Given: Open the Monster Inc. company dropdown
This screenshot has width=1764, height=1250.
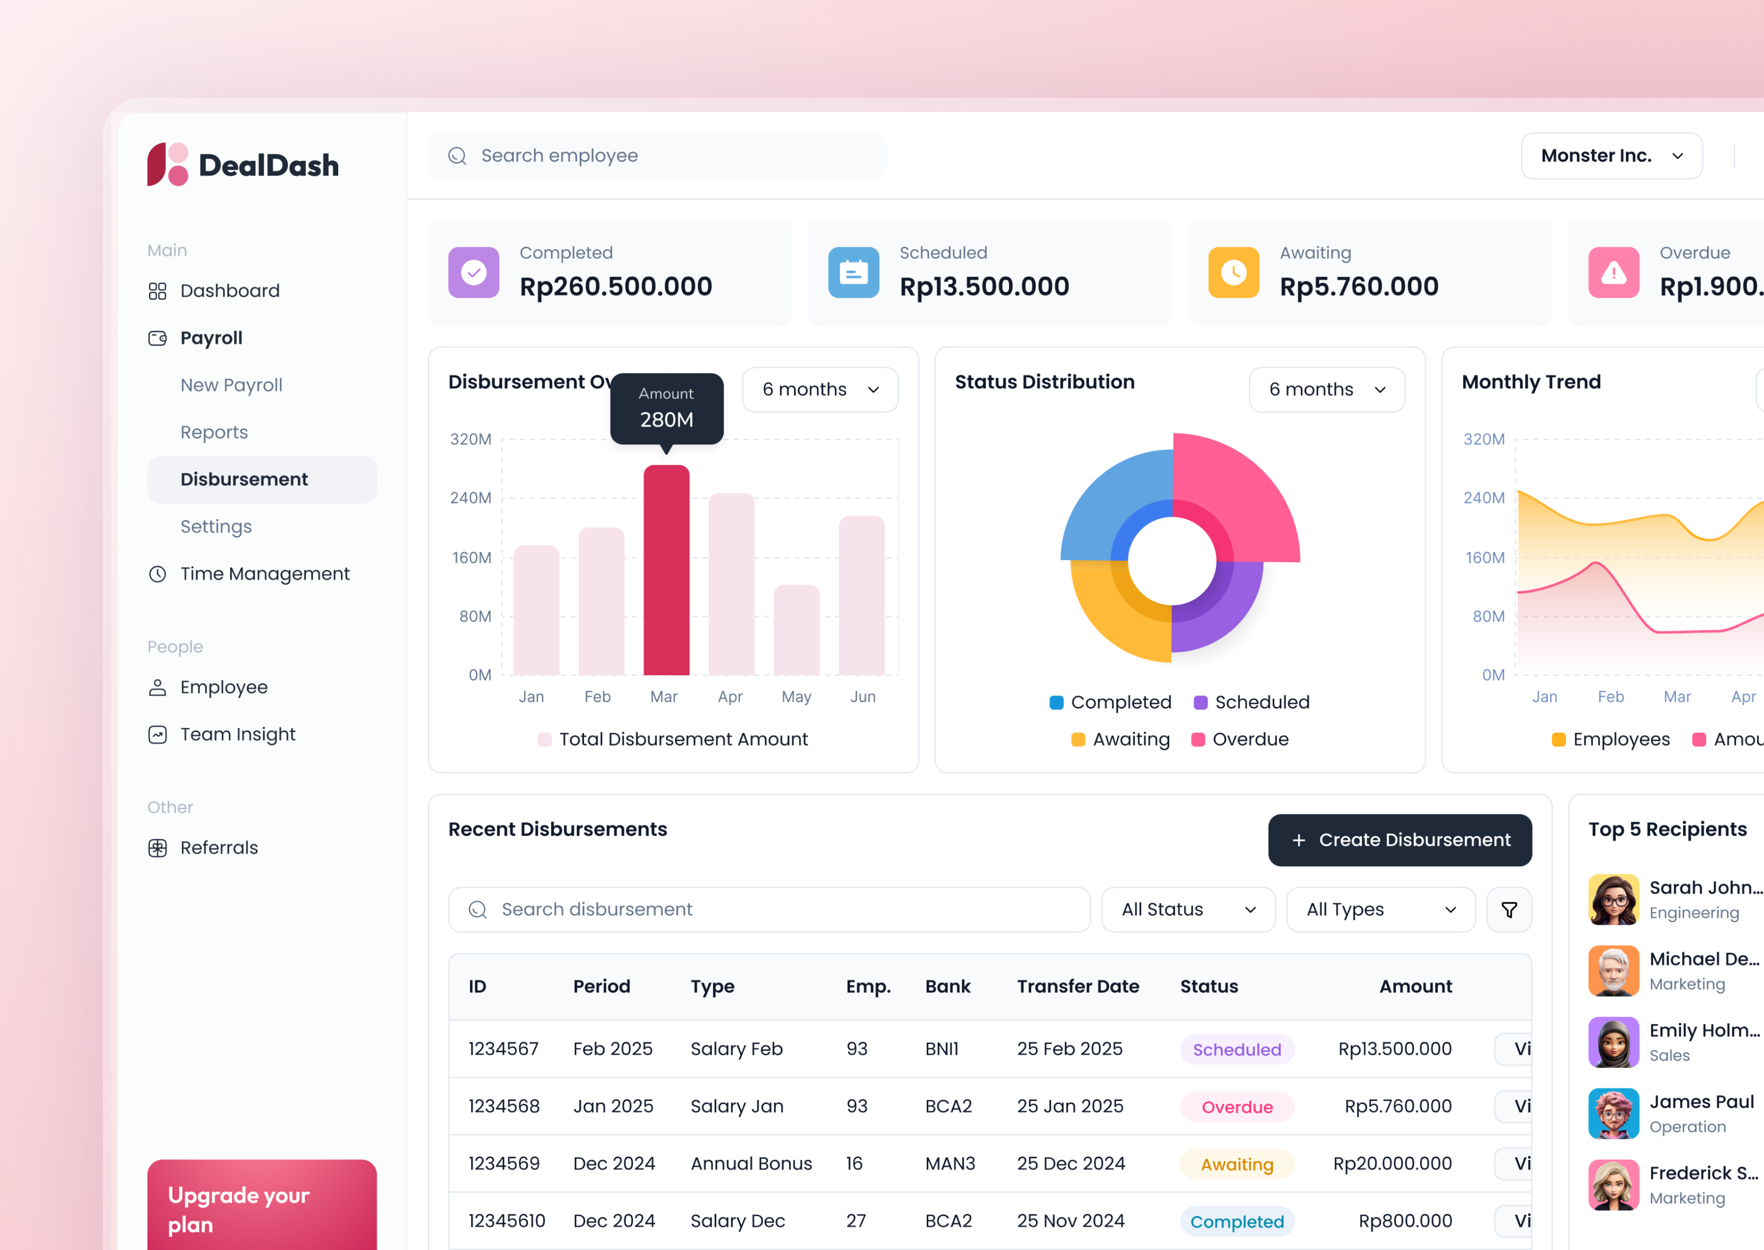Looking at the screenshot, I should click(1611, 156).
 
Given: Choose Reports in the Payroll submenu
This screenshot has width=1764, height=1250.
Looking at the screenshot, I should click(214, 432).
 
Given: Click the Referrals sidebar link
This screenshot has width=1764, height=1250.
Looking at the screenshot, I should click(219, 848).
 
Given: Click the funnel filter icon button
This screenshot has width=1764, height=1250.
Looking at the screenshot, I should click(1508, 910).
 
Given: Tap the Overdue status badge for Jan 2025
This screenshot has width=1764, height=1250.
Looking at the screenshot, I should click(1237, 1107).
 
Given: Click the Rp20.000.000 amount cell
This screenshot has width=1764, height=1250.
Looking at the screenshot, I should click(1392, 1164).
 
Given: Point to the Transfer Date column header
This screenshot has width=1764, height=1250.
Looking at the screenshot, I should click(1077, 987).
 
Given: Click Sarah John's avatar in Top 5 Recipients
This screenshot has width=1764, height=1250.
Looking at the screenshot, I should click(1613, 899).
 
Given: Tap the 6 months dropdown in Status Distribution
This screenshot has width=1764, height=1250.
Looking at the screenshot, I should click(1326, 390).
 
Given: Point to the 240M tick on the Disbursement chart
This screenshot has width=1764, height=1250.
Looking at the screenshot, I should click(471, 498).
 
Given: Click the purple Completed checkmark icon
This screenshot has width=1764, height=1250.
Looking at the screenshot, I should click(474, 272).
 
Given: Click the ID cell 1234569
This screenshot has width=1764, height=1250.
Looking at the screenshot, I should click(504, 1164).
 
